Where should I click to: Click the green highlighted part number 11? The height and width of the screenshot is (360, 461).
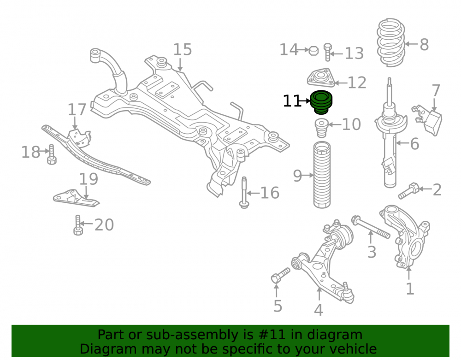(322, 102)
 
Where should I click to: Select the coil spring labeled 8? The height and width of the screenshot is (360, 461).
(391, 42)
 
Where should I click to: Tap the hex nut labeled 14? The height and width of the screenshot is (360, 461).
(313, 51)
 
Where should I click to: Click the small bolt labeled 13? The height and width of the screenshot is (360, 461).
(327, 52)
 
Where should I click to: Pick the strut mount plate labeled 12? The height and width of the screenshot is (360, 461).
(321, 77)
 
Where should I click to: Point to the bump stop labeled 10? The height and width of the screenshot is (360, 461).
(321, 128)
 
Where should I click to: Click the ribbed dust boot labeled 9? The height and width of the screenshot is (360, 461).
(322, 175)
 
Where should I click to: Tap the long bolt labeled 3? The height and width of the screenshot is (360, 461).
(371, 227)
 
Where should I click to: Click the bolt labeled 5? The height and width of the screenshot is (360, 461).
(280, 275)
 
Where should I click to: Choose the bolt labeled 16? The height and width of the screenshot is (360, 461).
(244, 193)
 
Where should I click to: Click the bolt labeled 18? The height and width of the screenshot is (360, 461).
(52, 154)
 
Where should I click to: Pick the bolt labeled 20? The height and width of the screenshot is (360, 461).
(78, 225)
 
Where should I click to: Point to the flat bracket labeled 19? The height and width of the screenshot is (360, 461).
(76, 198)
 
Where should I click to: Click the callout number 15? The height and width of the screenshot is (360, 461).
(182, 49)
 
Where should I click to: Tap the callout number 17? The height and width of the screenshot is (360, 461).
(77, 109)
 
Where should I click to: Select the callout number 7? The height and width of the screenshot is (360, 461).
(436, 90)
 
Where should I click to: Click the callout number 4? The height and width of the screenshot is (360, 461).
(319, 310)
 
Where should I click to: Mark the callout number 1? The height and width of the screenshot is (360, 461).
(410, 289)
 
